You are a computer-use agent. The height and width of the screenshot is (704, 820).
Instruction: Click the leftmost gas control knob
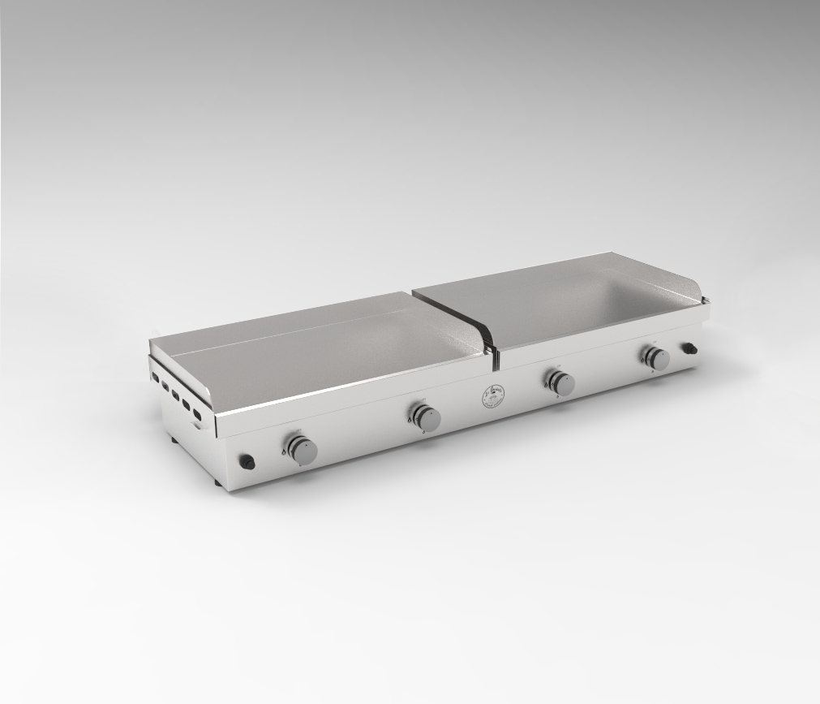point(301,449)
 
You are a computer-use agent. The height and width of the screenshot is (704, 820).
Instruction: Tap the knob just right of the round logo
point(560,382)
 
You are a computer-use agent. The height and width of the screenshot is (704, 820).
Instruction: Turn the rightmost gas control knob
point(656,357)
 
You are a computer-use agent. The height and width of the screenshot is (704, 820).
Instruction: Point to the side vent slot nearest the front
point(195,415)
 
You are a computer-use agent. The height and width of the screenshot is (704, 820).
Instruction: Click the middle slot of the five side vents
point(174,396)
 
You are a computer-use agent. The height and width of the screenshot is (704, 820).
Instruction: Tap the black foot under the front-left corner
point(217,482)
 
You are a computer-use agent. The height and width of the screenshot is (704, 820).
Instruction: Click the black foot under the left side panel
point(173,441)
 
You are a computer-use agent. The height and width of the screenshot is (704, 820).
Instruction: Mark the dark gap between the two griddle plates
point(491,349)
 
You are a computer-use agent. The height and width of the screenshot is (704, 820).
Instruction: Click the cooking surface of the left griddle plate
point(324,349)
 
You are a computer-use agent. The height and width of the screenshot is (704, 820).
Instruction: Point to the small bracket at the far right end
point(690,348)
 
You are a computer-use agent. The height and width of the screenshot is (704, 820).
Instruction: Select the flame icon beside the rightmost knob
point(643,358)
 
